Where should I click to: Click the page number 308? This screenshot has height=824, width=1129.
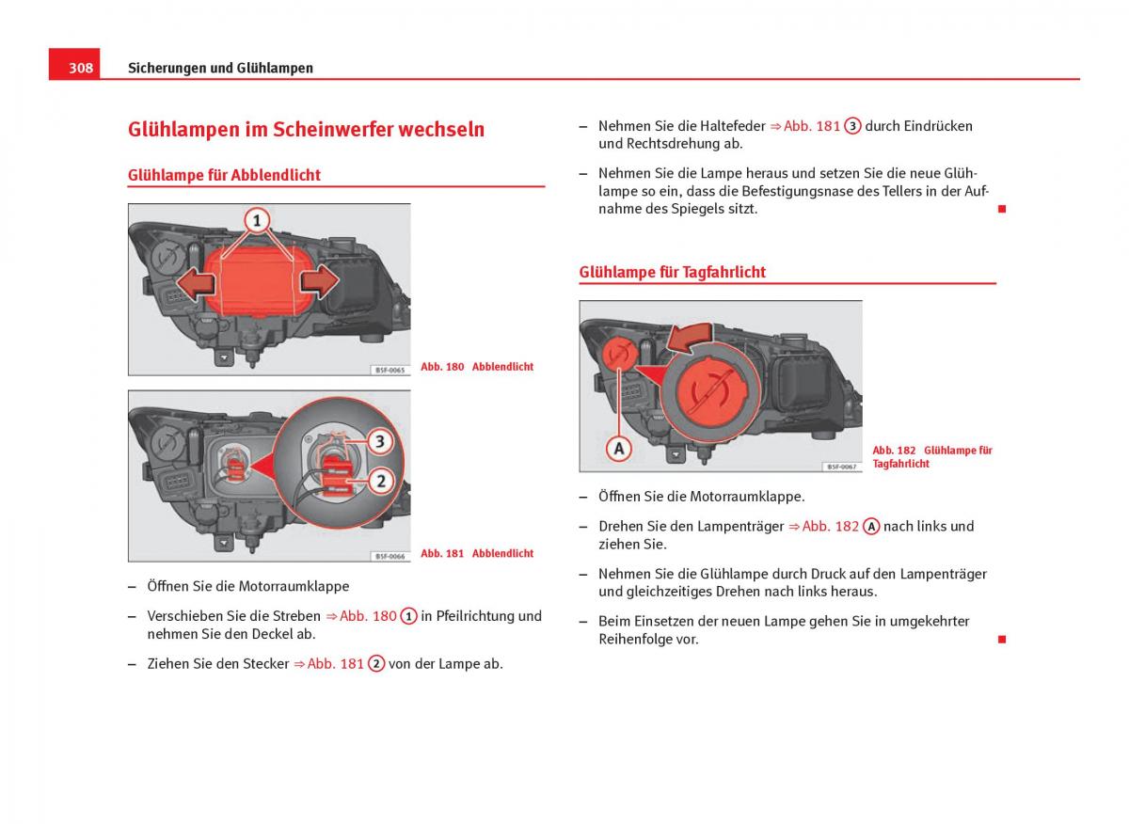(80, 68)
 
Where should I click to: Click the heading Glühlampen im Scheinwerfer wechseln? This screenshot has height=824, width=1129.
(306, 130)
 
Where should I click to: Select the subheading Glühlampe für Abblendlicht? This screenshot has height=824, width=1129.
(224, 175)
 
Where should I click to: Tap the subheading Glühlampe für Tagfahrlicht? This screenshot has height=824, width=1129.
(672, 272)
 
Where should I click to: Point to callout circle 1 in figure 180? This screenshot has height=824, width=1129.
(257, 222)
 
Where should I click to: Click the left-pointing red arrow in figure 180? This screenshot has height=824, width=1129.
(193, 282)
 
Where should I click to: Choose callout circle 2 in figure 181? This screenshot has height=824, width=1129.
(380, 482)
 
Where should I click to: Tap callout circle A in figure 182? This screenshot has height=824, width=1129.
(618, 450)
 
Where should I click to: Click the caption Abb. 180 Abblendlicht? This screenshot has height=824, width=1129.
(477, 367)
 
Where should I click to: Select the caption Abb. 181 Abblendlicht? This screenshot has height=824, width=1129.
(477, 553)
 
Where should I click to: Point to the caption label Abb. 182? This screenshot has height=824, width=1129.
(894, 451)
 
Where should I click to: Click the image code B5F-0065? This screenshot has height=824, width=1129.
(390, 371)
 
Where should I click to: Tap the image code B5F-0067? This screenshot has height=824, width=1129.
(841, 467)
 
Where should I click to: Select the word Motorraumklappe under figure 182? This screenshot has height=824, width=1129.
(747, 496)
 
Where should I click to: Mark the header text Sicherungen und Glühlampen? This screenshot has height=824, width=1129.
(220, 68)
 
